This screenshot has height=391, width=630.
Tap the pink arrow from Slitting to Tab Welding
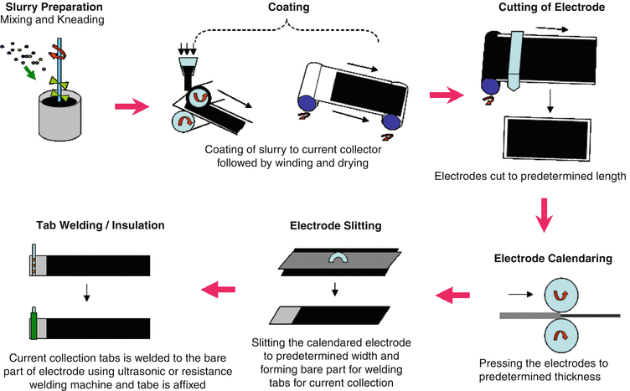tap(214, 291)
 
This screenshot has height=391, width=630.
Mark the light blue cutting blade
tap(516, 63)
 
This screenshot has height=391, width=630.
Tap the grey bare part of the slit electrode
tap(286, 316)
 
